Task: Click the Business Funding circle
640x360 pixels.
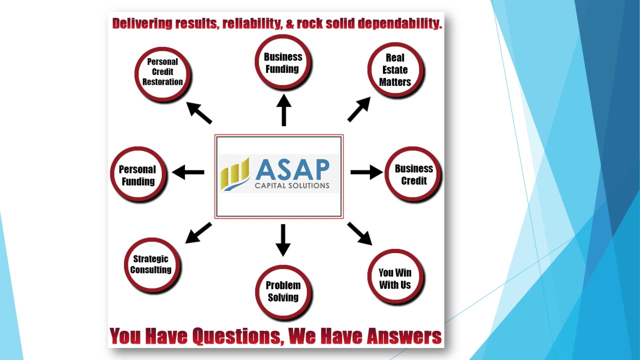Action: click(x=283, y=63)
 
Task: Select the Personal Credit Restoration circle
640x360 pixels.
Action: click(x=162, y=72)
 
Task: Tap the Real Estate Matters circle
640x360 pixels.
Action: click(x=395, y=70)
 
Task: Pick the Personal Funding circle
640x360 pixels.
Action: click(x=138, y=174)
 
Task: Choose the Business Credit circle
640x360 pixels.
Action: click(x=413, y=174)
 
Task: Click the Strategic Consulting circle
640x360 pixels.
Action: click(x=151, y=264)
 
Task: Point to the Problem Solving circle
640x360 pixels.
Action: click(x=283, y=291)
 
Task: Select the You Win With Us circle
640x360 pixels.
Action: click(x=395, y=278)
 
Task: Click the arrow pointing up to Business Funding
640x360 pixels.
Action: click(x=283, y=110)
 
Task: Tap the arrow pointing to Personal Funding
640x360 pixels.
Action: click(x=188, y=172)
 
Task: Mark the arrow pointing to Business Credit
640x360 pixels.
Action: click(x=366, y=172)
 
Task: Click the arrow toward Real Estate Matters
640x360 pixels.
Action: click(x=359, y=109)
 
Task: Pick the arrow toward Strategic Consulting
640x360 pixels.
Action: click(x=198, y=233)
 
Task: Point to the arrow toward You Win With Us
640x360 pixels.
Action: click(x=360, y=233)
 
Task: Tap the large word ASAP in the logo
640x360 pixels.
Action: click(x=292, y=170)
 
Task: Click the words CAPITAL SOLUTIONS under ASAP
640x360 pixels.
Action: click(x=292, y=186)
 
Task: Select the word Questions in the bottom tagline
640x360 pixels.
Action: click(x=237, y=336)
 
